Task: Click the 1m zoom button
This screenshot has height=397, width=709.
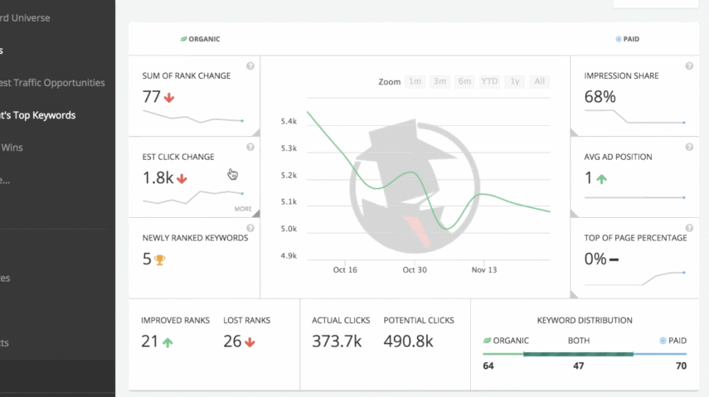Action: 415,81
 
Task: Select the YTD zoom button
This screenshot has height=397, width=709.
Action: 490,81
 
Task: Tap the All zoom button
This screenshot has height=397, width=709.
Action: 540,81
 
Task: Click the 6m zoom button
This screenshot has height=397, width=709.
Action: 465,81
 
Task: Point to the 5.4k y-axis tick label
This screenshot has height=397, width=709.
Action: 289,122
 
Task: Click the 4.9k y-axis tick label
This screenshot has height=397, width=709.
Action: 289,256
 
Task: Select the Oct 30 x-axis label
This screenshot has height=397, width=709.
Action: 414,270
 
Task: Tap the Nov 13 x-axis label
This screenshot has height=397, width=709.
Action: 483,270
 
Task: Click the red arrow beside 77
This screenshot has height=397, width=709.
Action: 169,97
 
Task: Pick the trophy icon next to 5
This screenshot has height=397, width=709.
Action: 160,259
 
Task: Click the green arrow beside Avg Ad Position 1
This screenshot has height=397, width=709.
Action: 601,178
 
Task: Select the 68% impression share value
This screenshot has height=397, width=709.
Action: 600,97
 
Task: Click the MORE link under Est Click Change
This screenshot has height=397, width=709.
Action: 243,209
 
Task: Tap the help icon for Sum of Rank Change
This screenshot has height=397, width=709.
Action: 250,66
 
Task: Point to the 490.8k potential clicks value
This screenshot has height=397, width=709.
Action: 409,341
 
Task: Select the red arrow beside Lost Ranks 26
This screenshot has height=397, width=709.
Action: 250,341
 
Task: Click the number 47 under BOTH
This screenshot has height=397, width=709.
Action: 578,365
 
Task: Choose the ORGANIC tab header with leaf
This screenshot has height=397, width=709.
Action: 201,39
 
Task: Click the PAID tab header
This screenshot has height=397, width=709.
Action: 628,39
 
